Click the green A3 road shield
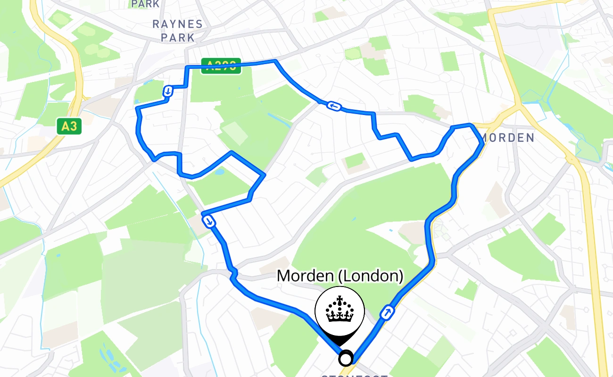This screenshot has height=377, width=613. (x=69, y=126)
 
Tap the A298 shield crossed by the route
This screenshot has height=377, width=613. (x=221, y=66)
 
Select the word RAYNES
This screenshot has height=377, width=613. (x=177, y=25)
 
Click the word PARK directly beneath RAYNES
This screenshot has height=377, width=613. (x=177, y=37)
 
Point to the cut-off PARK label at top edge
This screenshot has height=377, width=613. (x=145, y=4)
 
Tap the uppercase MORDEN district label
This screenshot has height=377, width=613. (x=507, y=138)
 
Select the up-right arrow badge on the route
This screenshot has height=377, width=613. (x=387, y=312)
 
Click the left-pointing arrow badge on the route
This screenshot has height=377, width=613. (x=334, y=106)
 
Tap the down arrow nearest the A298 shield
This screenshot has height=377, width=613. (x=167, y=91)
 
